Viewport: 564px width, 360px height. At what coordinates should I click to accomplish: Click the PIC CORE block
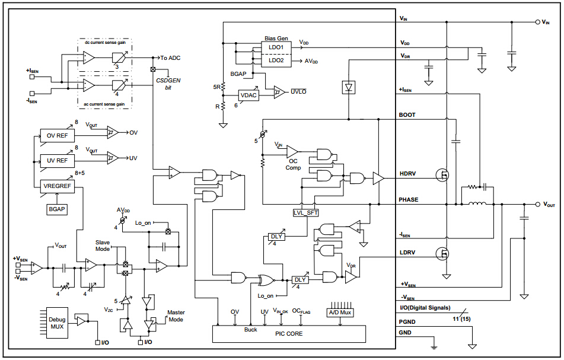point(289,334)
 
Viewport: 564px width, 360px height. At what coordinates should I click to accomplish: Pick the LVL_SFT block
point(305,212)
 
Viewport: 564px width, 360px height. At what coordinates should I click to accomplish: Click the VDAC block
point(248,95)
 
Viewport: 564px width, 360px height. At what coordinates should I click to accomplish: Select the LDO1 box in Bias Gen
point(276,47)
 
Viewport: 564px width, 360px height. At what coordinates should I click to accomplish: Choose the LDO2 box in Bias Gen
point(276,60)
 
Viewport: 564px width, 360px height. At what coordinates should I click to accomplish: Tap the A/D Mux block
point(340,312)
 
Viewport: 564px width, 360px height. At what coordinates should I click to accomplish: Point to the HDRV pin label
point(409,174)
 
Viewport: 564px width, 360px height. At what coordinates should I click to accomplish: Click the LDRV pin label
point(408,253)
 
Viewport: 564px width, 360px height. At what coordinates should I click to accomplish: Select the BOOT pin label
point(407,115)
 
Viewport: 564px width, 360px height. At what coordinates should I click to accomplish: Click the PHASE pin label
point(409,200)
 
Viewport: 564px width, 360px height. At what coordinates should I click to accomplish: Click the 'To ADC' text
point(171,58)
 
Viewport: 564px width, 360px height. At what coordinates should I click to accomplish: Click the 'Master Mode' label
point(176,316)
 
